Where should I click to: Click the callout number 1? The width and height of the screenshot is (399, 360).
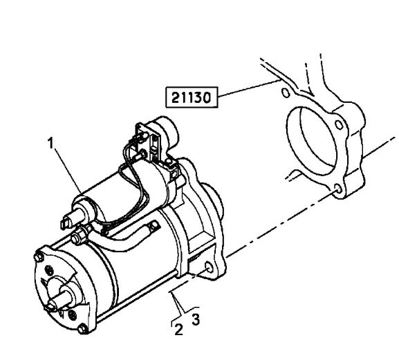51,143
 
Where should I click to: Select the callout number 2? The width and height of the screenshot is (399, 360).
178,329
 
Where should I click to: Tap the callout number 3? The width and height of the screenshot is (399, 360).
196,319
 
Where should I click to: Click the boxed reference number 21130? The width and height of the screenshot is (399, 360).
192,97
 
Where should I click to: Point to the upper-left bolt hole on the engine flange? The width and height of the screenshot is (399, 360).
286,93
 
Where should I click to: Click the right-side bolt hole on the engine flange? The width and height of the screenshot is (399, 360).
339,124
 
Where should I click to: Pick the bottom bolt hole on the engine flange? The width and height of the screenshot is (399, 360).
338,189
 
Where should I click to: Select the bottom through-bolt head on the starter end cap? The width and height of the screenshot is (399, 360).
82,329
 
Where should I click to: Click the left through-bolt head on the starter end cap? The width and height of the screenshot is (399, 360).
38,258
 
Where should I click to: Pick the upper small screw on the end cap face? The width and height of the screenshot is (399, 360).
50,271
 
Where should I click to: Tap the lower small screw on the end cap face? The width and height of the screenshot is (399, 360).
72,315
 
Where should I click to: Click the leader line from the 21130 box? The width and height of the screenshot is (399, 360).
250,88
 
